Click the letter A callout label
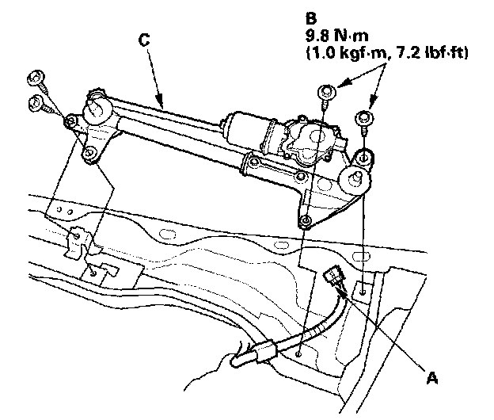(x=432, y=379)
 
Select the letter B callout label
(x=310, y=15)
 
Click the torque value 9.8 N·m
(x=332, y=36)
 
